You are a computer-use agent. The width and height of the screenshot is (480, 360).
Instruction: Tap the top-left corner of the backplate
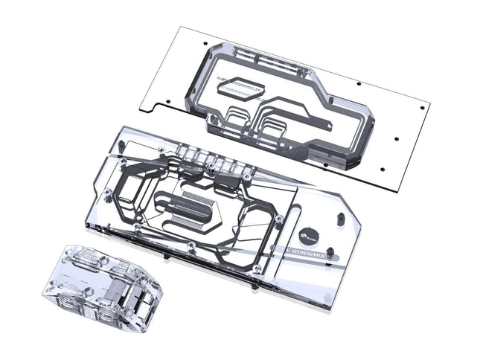179,28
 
